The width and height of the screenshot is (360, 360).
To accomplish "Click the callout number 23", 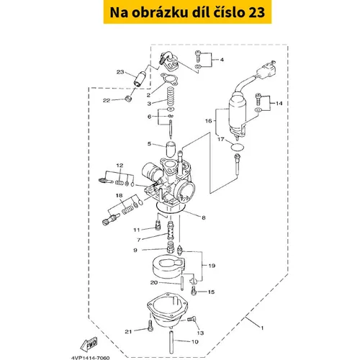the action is [120, 72].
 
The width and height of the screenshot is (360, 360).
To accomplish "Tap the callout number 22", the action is [107, 100].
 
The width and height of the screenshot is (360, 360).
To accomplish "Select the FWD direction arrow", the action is [89, 344].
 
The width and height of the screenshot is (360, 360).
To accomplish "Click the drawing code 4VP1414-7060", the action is [91, 358].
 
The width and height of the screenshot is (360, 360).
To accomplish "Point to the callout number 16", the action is [209, 121].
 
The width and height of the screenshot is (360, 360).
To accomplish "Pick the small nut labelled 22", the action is [129, 98].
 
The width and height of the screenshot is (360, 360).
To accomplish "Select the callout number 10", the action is [195, 341].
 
